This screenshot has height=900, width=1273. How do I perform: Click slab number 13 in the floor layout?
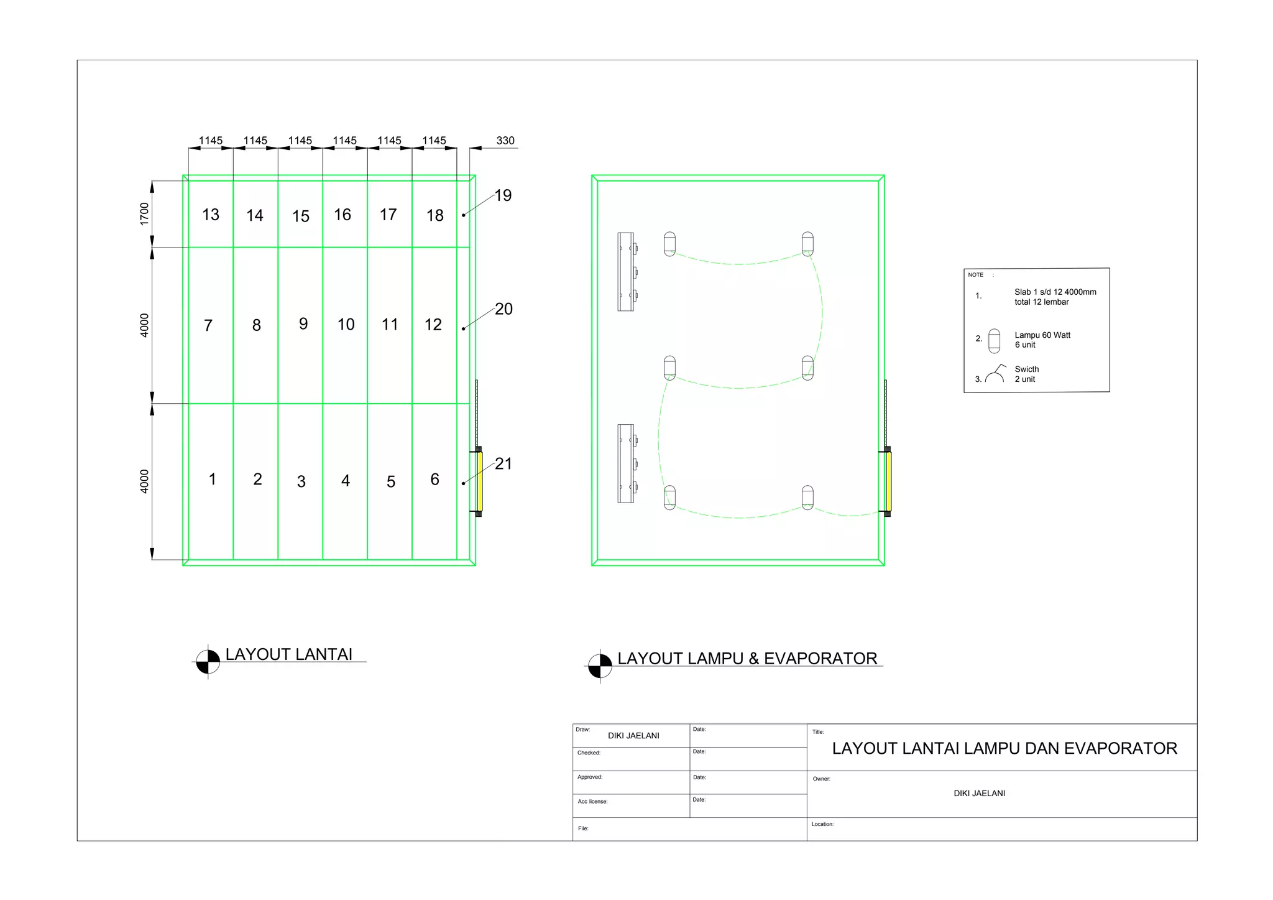[x=211, y=215]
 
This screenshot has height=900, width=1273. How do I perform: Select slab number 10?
[x=346, y=324]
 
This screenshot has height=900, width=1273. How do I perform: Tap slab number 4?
[x=346, y=481]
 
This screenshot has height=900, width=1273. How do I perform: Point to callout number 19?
[x=503, y=195]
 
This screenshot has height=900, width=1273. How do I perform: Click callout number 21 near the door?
[x=503, y=463]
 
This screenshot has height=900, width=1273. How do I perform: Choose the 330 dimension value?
[x=505, y=141]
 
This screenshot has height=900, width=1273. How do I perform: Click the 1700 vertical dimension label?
[x=144, y=214]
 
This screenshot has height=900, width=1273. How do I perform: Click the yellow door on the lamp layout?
[x=889, y=481]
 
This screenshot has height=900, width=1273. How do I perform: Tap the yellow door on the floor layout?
[x=480, y=481]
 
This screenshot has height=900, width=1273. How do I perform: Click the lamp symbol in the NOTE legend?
[x=994, y=341]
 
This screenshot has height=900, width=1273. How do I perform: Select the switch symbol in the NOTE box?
[x=995, y=374]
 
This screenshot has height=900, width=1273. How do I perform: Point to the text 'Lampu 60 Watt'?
[x=1042, y=335]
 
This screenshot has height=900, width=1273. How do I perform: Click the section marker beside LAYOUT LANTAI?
[x=208, y=662]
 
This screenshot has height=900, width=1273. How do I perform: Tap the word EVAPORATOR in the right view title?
[x=820, y=659]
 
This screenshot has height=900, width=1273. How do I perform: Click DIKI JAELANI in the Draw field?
[x=633, y=736]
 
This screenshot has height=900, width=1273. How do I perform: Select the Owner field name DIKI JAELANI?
[x=979, y=794]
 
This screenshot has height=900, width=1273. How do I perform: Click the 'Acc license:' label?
[x=592, y=802]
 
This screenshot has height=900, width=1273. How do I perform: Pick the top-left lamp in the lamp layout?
[x=669, y=244]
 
